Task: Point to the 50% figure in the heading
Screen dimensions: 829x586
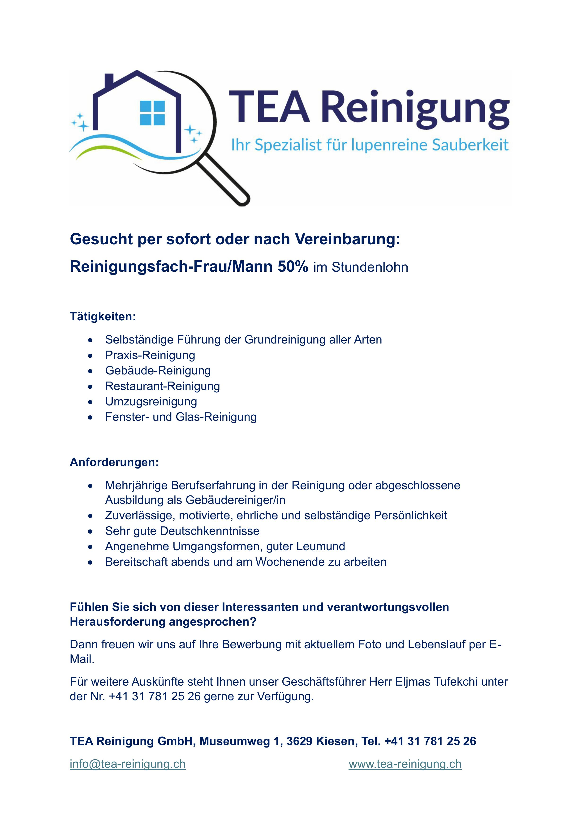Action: tap(293, 267)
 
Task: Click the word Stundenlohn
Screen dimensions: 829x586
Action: tap(370, 267)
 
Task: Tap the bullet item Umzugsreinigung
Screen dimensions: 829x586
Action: tap(151, 401)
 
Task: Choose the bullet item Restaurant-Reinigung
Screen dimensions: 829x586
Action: tap(163, 386)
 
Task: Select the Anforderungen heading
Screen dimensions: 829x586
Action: tap(114, 462)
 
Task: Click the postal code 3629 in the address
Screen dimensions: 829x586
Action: tap(299, 738)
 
